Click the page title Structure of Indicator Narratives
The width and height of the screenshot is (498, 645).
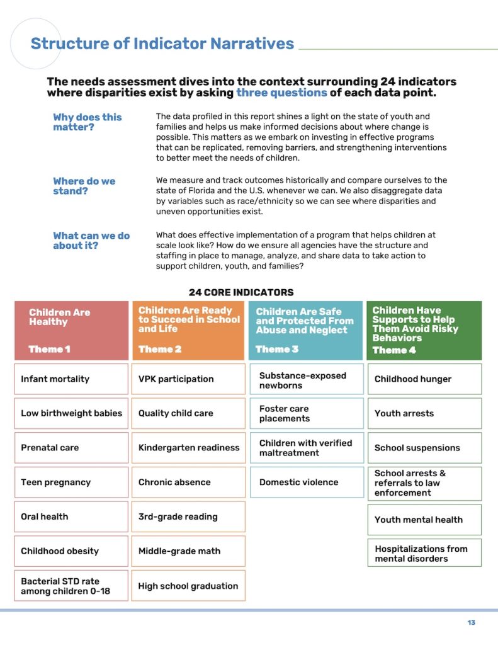pos(162,43)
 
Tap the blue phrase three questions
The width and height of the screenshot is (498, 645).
pos(281,93)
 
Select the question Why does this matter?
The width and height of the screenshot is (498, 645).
pos(88,122)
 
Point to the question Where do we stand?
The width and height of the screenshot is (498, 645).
pos(84,186)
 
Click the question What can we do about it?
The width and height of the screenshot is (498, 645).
pos(91,240)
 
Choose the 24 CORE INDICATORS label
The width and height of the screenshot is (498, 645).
pos(241,292)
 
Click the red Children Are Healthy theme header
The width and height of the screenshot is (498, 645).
pos(71,330)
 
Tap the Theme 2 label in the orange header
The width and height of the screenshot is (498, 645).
pos(156,349)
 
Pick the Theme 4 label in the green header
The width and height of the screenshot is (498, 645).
pos(394,350)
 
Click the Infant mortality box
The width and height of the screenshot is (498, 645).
pos(71,379)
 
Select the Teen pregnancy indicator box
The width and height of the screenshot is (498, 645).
pos(71,482)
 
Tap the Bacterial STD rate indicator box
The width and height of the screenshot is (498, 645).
pos(71,586)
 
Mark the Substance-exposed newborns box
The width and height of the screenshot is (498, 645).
pos(307,380)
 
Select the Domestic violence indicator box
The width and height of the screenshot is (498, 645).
pos(307,482)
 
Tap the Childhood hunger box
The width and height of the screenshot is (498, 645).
pos(424,379)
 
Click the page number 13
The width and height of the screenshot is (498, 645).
pos(472,623)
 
